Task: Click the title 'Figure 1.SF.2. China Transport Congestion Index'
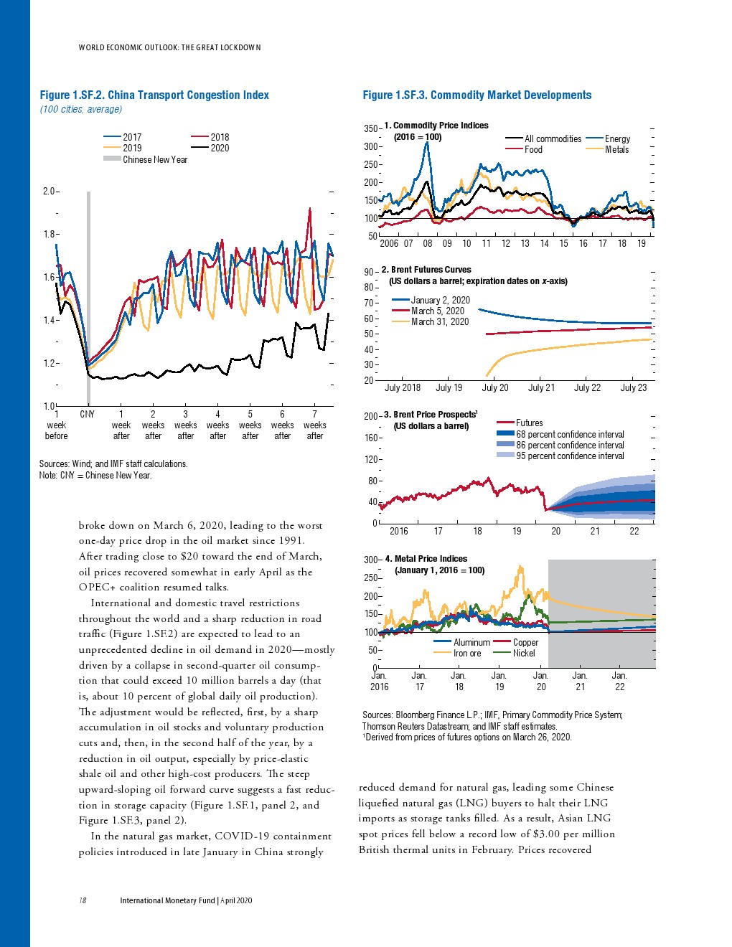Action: coord(154,95)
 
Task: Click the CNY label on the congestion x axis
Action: coord(87,415)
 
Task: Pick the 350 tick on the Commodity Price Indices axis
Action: coord(370,129)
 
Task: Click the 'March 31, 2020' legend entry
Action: coord(439,322)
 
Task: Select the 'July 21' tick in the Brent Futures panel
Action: coord(541,388)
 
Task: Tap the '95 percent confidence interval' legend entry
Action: coord(570,456)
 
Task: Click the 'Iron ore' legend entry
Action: coord(467,654)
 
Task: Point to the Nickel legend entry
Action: coord(524,654)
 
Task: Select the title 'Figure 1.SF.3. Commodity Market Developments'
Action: coord(477,95)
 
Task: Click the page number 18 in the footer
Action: coord(83,900)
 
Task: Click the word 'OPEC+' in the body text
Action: coord(97,588)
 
